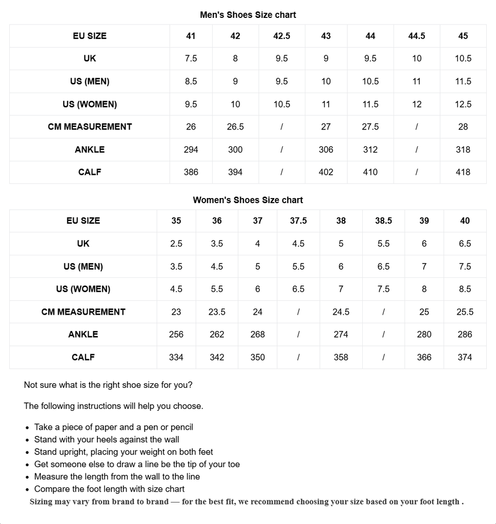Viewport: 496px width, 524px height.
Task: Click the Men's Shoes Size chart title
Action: click(248, 15)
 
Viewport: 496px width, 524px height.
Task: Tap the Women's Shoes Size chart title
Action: click(248, 200)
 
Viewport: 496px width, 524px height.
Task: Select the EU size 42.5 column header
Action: click(282, 36)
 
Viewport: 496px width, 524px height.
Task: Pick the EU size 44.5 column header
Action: click(417, 36)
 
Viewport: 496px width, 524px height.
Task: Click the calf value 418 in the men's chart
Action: click(463, 172)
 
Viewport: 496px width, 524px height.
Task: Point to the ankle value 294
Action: click(191, 149)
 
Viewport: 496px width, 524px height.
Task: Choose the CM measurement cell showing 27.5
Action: click(370, 127)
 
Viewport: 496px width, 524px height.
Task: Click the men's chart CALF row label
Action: click(90, 172)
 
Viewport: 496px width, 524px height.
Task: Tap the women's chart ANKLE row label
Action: click(83, 335)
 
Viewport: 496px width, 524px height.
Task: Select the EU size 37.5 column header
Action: click(298, 221)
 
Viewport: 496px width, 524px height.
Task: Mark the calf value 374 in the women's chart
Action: click(465, 357)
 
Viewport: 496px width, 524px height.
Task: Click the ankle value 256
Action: click(176, 335)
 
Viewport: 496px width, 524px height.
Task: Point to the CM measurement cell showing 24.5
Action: click(341, 312)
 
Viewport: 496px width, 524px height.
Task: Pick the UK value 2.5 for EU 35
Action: click(176, 244)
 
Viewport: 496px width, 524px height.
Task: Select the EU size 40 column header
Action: click(465, 221)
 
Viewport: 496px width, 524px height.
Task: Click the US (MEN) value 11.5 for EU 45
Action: click(463, 81)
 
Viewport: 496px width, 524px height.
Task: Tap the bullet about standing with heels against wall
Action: click(107, 440)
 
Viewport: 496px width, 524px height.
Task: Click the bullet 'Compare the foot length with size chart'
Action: click(109, 489)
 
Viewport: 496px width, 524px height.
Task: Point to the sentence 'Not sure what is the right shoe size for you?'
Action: click(108, 385)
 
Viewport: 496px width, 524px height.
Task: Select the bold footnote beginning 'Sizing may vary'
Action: click(246, 502)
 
